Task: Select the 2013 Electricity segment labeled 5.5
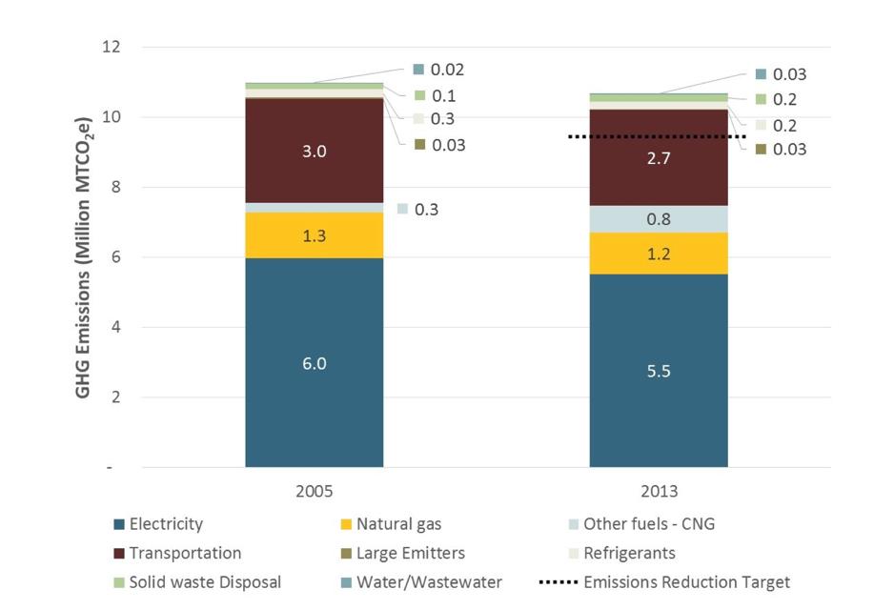pos(659,371)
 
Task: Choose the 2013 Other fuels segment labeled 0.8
pos(659,219)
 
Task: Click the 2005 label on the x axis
pos(314,492)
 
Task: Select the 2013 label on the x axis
pos(659,492)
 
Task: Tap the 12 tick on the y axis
pos(112,47)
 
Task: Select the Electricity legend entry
pos(166,523)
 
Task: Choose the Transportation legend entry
pos(185,553)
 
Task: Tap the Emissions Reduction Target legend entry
pos(686,581)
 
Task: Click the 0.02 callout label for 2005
pos(448,70)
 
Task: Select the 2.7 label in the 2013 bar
pos(659,159)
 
